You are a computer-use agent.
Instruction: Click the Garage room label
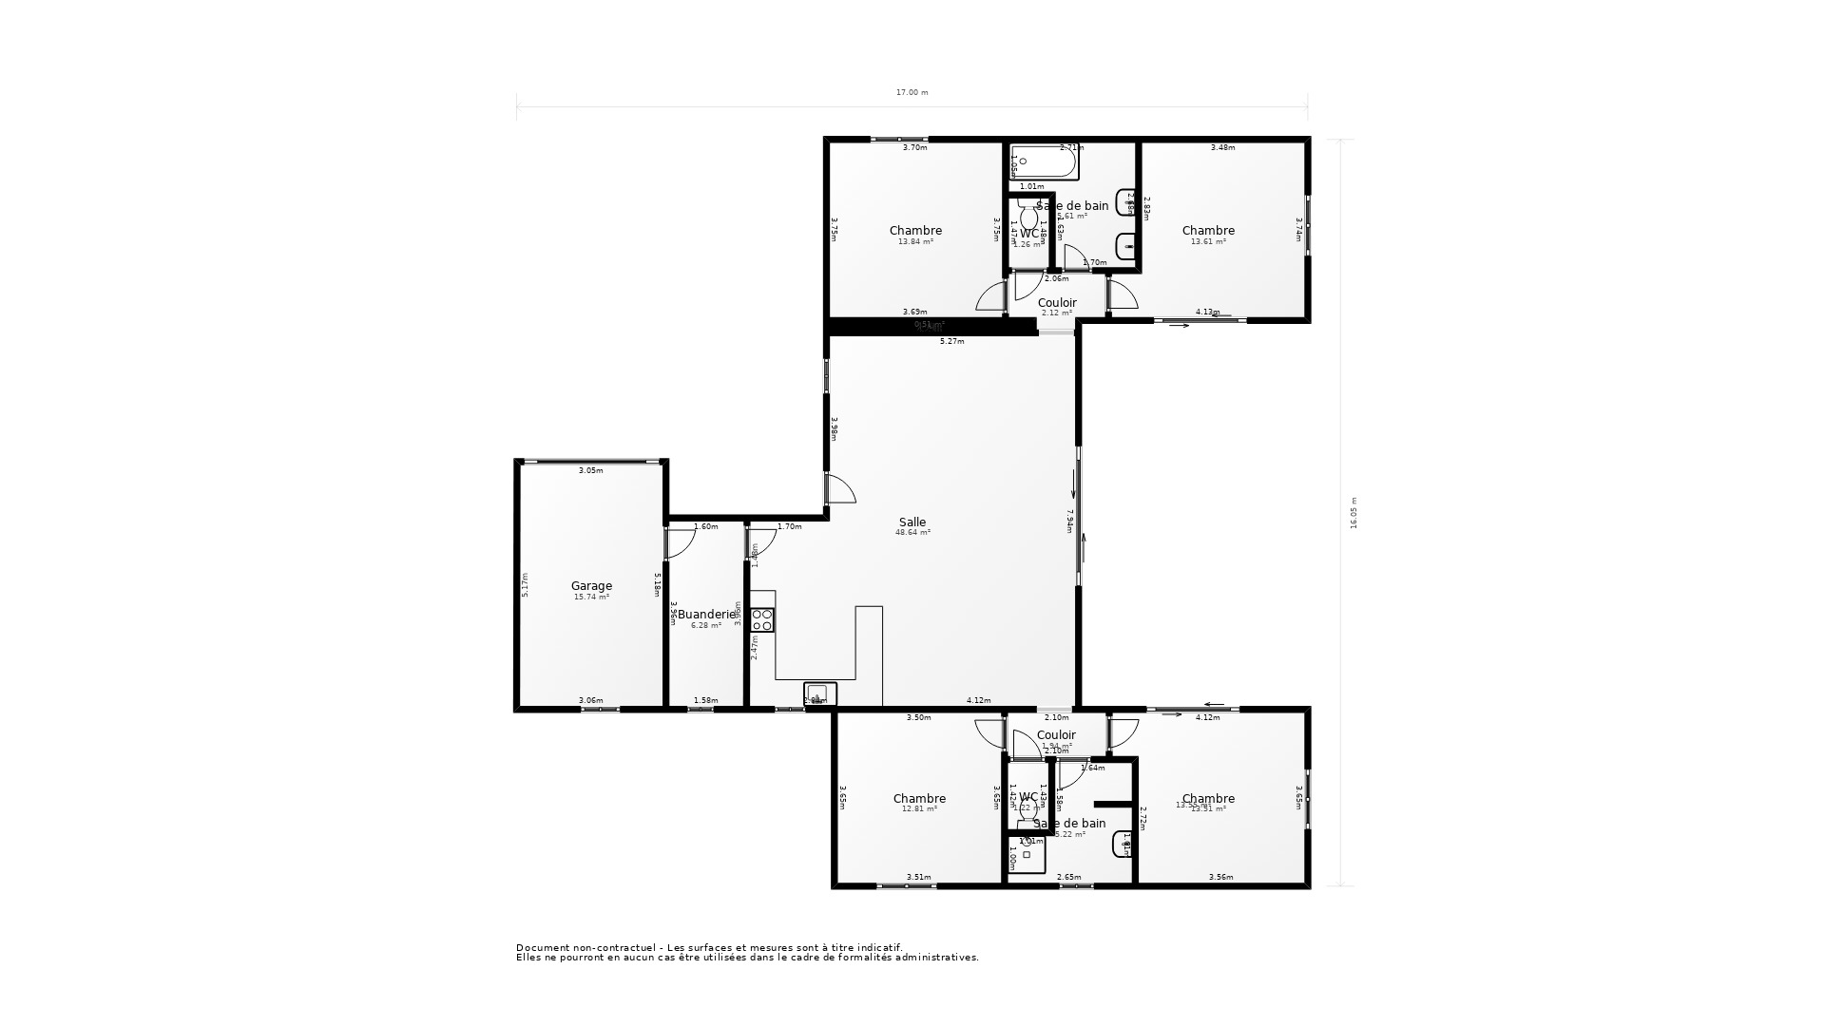click(591, 586)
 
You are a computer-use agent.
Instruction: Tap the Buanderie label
click(706, 615)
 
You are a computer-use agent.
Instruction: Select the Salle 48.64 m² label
click(912, 522)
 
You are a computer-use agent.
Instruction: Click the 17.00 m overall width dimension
click(912, 93)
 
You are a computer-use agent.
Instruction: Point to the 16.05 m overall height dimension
click(1354, 512)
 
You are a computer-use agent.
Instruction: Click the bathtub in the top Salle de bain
click(1044, 163)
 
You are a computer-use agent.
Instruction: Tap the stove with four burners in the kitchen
click(762, 620)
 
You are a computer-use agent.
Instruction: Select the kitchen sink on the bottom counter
click(819, 693)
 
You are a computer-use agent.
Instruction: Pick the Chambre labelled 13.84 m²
click(915, 231)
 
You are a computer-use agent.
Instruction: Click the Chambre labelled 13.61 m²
click(1208, 231)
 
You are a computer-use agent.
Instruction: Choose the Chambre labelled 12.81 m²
click(919, 799)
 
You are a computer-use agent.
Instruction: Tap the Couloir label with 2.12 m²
click(1057, 303)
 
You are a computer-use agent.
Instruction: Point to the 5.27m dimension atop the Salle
click(951, 341)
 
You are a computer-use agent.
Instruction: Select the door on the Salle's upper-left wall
click(840, 488)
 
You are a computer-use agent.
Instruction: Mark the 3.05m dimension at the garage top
click(591, 470)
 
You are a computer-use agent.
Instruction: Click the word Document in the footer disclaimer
click(542, 948)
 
